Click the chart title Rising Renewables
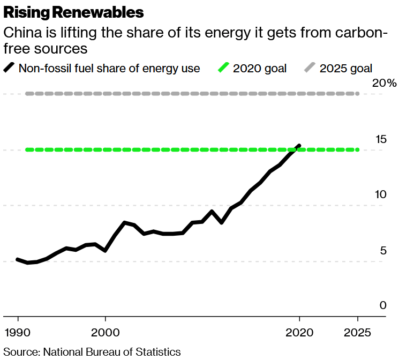73,11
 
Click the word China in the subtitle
20,33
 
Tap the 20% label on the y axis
385,83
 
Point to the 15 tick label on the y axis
380,139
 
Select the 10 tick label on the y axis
380,194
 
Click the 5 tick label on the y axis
382,250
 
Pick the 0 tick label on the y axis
382,305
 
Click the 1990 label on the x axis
18,331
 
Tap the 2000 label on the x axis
105,331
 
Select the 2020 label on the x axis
299,331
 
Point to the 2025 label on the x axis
357,331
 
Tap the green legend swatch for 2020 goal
223,68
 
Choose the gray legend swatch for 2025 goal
310,68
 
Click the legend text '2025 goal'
345,69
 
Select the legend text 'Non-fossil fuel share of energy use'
109,69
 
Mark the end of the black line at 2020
299,145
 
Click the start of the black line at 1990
18,259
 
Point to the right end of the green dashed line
357,149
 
